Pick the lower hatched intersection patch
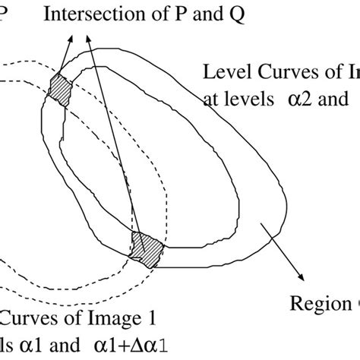147,249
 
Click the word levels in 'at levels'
252,99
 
